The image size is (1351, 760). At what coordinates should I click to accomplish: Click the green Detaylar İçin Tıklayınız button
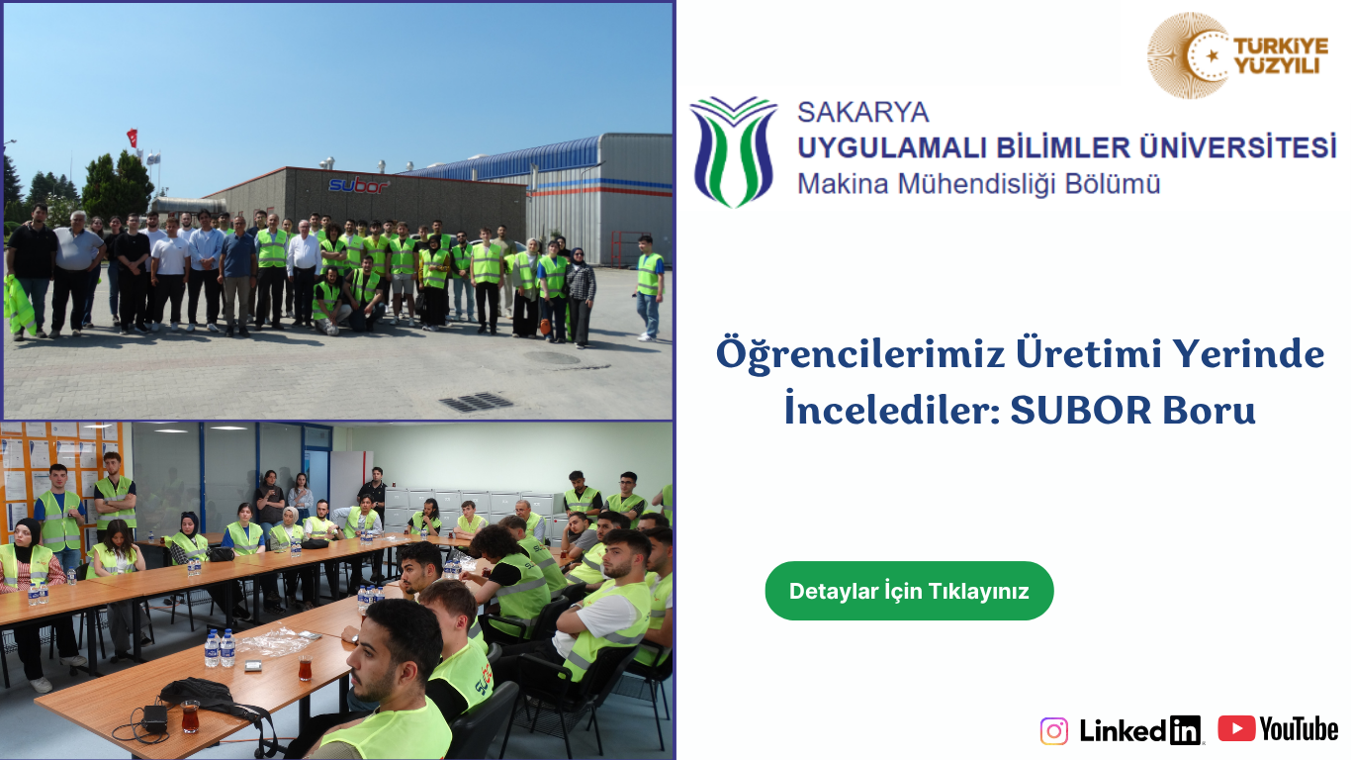tap(909, 591)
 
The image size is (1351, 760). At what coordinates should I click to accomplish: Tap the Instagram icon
tap(1053, 731)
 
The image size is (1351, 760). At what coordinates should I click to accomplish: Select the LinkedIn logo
tap(1139, 730)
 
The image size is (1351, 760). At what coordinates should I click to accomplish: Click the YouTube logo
tap(1278, 728)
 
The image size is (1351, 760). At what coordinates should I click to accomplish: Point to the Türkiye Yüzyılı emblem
tap(1237, 55)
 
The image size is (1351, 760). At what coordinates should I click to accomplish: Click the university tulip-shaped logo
tap(734, 151)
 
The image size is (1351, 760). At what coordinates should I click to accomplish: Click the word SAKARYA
tap(862, 112)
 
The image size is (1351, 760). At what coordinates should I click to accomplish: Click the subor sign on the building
tap(358, 185)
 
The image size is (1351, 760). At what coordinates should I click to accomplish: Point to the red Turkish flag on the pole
tap(133, 138)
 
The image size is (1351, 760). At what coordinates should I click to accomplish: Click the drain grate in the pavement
tap(477, 402)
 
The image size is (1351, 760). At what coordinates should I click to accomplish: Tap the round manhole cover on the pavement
tap(551, 358)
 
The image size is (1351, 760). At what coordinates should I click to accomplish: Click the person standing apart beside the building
tap(649, 288)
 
